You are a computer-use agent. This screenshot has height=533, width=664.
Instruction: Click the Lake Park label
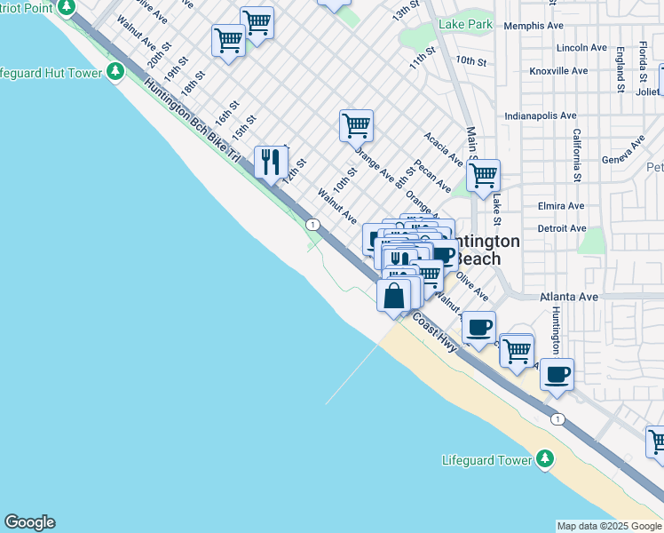[x=465, y=25]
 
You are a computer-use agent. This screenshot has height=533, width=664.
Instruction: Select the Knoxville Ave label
[x=557, y=70]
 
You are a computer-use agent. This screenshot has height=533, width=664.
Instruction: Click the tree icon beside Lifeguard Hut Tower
[x=115, y=72]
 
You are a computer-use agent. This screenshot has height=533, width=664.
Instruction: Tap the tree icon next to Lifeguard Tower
[x=546, y=459]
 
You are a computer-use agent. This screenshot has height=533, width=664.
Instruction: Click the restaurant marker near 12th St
[x=271, y=162]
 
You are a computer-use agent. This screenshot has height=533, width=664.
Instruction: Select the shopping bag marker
[x=394, y=295]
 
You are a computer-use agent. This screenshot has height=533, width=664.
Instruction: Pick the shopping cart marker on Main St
[x=482, y=176]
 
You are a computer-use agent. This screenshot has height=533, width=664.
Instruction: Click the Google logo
[x=29, y=522]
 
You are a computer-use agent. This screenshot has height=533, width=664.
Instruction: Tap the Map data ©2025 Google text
[x=609, y=526]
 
